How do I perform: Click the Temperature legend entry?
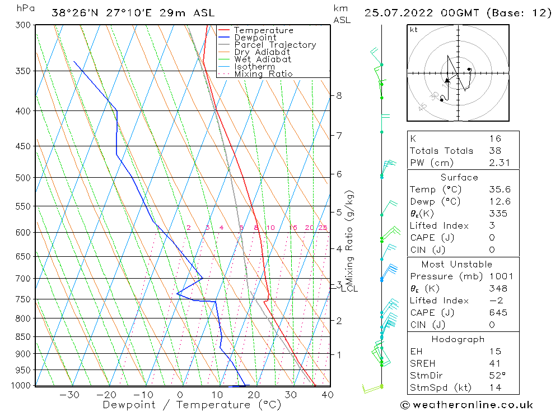(x=263, y=30)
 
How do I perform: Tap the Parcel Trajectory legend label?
(x=275, y=45)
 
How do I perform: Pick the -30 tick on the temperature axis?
(x=69, y=395)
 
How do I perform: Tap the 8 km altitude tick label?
(x=339, y=95)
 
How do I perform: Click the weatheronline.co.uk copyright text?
(x=466, y=405)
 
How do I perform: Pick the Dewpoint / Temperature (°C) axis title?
(x=192, y=404)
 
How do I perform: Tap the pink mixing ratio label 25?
(x=323, y=228)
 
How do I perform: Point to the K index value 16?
(x=494, y=138)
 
